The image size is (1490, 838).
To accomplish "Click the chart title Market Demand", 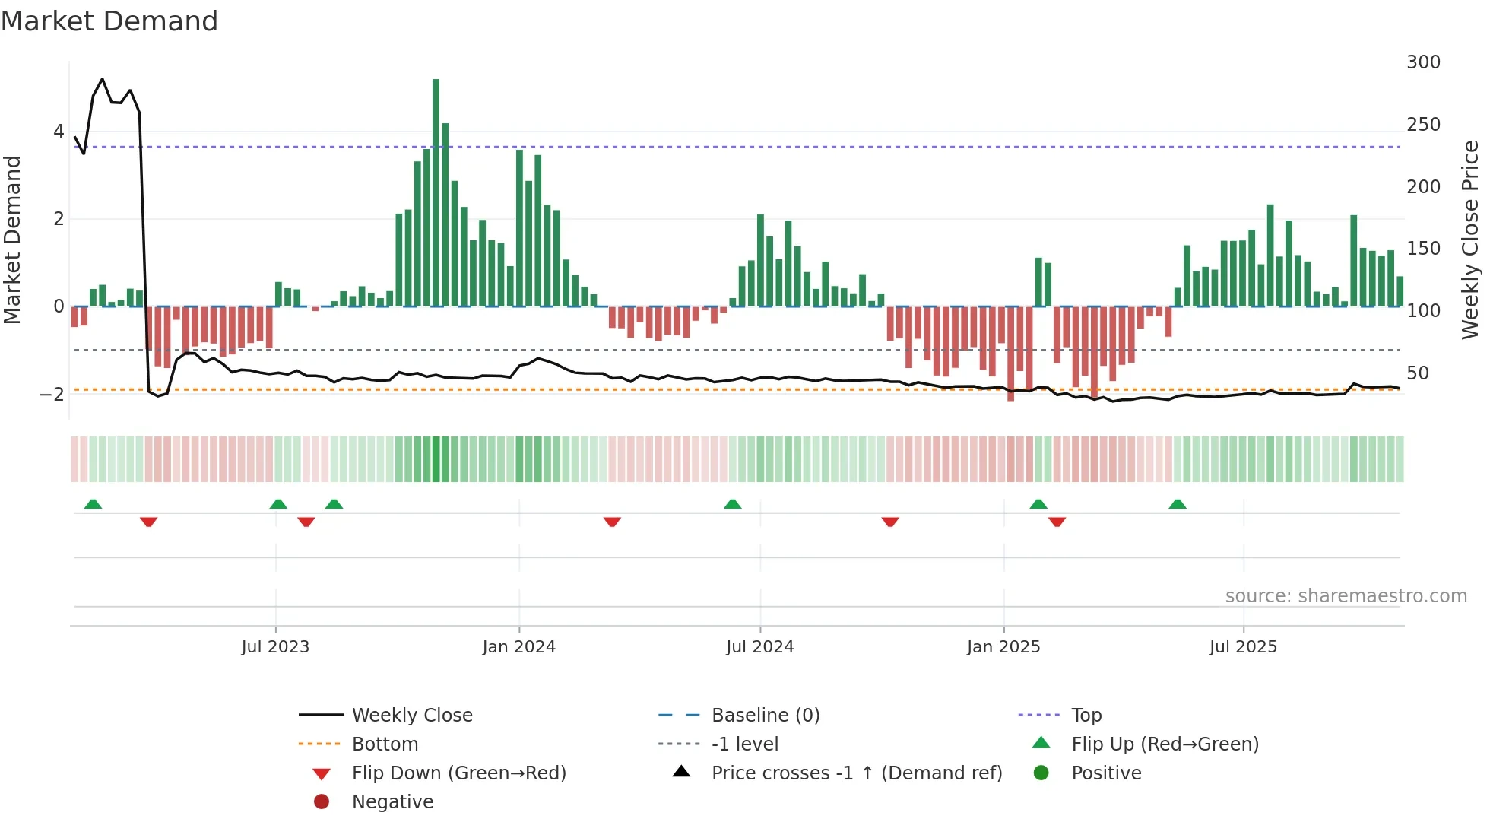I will [109, 21].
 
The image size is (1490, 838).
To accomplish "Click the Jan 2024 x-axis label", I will [518, 647].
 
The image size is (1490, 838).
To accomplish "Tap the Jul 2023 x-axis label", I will [275, 647].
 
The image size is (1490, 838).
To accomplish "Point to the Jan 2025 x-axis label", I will [1003, 647].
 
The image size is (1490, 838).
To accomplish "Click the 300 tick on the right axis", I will [1423, 62].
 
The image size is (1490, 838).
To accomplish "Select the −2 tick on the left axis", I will [52, 394].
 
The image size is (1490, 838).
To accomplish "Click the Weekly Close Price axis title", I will [1470, 240].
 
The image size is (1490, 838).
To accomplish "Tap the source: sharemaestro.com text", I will [1346, 596].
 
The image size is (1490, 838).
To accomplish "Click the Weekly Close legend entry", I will [412, 716].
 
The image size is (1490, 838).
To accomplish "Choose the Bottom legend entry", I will [385, 744].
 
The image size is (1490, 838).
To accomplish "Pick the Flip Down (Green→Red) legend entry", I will [458, 773].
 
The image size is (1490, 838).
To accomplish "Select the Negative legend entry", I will [392, 802].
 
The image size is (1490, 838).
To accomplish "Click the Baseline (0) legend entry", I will [766, 716].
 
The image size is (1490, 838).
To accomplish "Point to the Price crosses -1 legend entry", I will [856, 773].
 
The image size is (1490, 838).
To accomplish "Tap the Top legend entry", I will [1086, 716].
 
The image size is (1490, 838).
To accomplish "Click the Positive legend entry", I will [1106, 773].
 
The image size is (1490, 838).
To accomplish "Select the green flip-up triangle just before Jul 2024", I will [732, 504].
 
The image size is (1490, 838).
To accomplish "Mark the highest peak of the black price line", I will [103, 79].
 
